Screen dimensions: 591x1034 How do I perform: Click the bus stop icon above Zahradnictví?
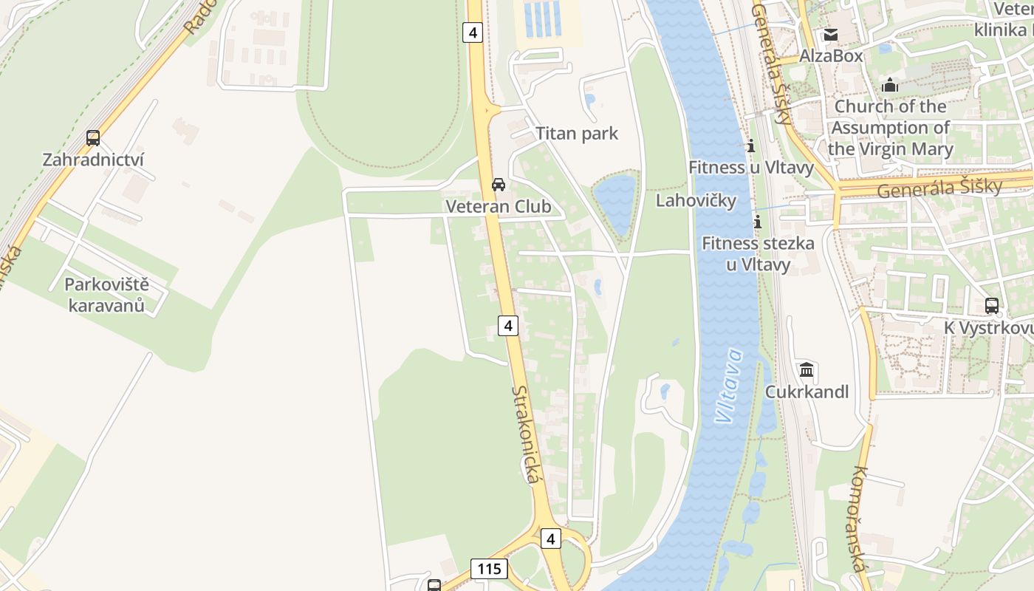[x=93, y=138]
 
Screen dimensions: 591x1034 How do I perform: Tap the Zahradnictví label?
[x=93, y=160]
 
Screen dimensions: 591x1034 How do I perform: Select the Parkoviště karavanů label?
[x=106, y=295]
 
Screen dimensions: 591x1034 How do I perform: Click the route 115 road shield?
[x=488, y=569]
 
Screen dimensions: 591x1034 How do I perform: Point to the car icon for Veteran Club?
[x=499, y=185]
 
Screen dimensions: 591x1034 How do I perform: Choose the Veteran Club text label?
[x=499, y=207]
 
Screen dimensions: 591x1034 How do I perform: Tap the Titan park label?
[x=577, y=134]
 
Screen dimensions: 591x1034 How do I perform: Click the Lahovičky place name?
[x=696, y=201]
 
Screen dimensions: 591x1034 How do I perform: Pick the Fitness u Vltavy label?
[x=751, y=168]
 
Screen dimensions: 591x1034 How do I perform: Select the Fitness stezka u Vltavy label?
[x=758, y=253]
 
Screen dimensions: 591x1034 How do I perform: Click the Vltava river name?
[x=730, y=386]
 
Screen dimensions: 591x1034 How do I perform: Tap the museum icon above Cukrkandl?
[x=807, y=369]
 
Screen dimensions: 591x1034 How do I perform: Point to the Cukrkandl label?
[x=807, y=392]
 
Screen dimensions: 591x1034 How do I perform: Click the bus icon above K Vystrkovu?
[x=992, y=305]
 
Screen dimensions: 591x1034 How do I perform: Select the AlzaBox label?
[x=831, y=56]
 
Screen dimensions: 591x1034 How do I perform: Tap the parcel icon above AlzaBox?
[x=831, y=35]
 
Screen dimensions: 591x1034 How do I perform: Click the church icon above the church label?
[x=890, y=85]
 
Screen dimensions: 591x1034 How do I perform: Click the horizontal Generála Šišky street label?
[x=939, y=188]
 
